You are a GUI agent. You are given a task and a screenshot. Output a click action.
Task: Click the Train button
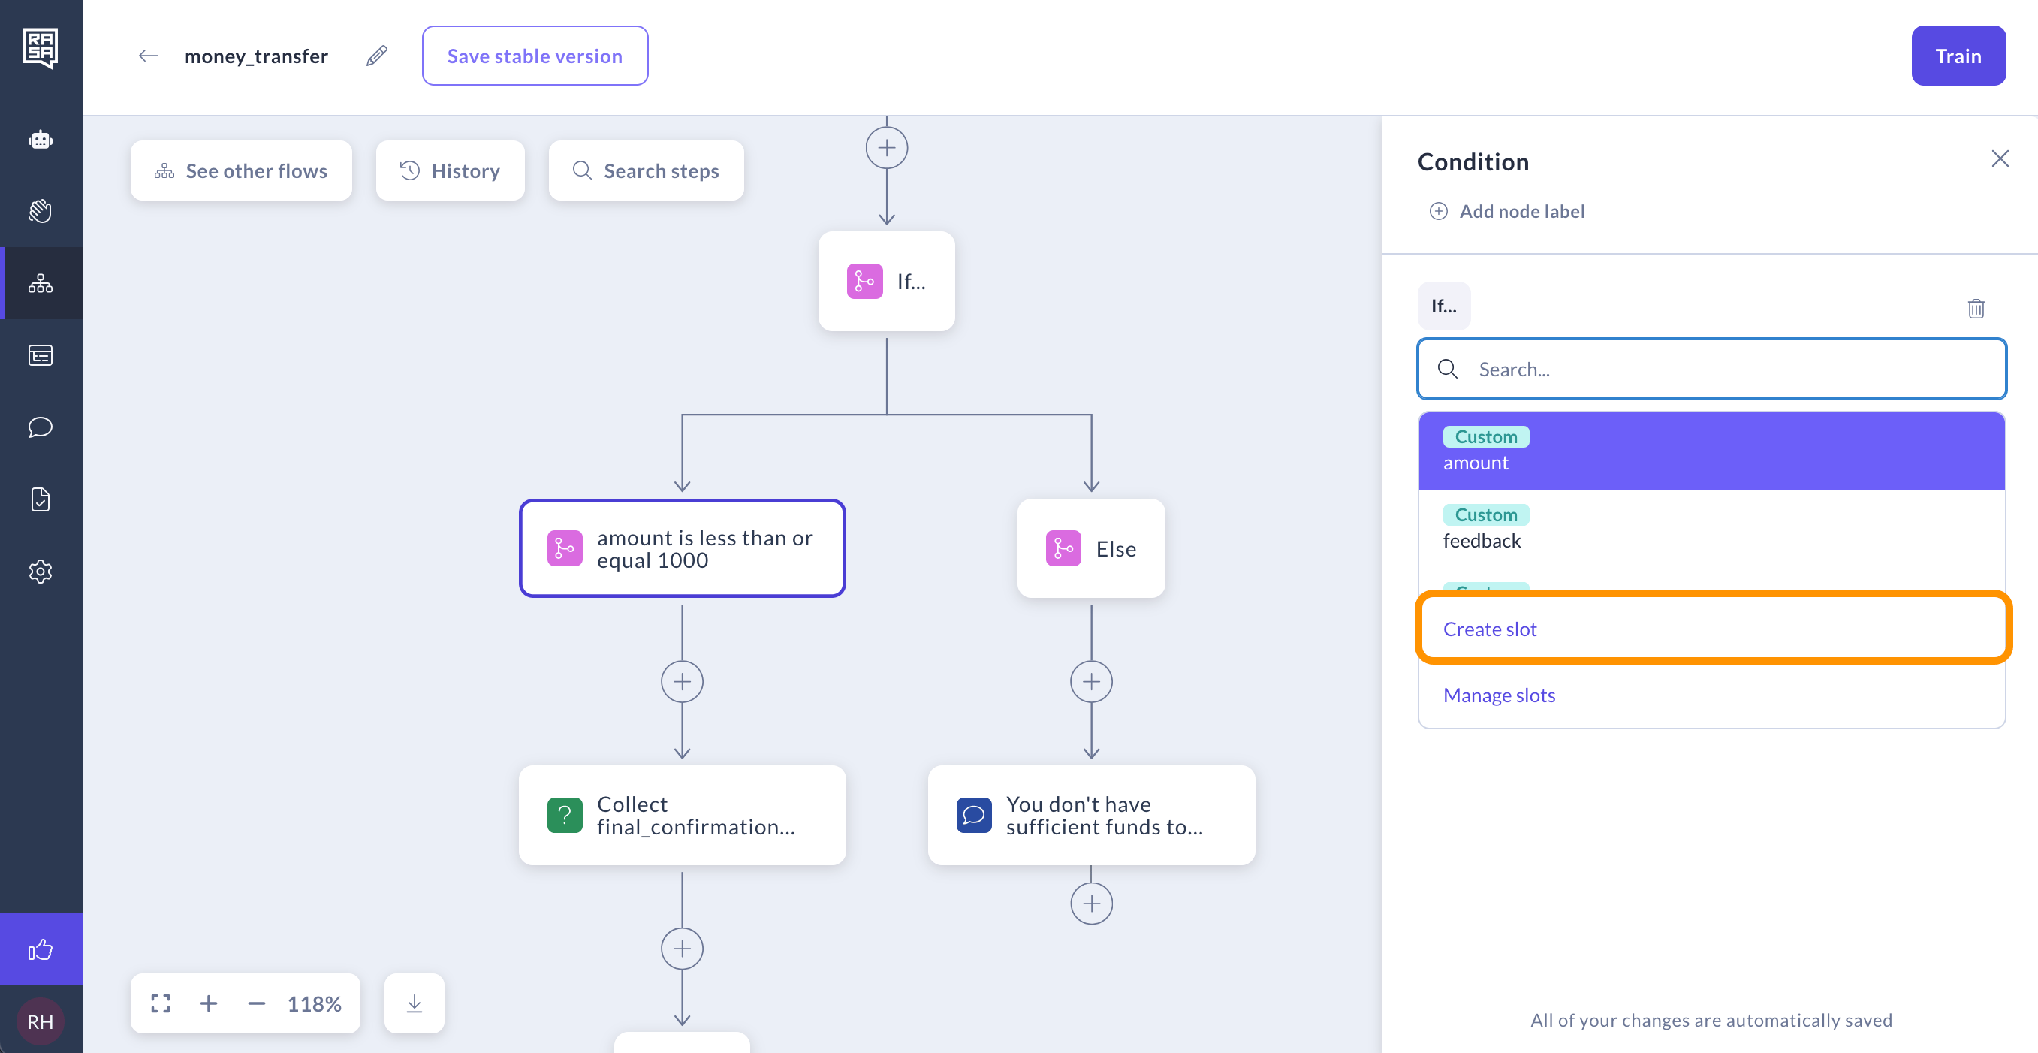click(x=1958, y=56)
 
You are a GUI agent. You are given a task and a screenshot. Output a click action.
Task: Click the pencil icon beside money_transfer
click(x=377, y=56)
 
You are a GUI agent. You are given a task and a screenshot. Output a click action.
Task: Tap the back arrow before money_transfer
click(x=148, y=56)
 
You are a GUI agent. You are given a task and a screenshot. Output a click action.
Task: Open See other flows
click(x=241, y=171)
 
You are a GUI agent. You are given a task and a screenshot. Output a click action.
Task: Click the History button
click(x=450, y=171)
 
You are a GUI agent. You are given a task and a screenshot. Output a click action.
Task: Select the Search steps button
click(x=647, y=171)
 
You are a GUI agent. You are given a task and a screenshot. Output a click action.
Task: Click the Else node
click(x=1091, y=548)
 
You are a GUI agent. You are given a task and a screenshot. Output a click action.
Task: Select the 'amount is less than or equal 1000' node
click(x=682, y=548)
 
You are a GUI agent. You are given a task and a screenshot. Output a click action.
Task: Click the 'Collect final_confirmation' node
click(x=682, y=815)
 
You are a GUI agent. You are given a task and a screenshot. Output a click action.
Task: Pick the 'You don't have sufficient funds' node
click(x=1091, y=815)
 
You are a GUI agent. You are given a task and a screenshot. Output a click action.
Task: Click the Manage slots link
click(x=1500, y=695)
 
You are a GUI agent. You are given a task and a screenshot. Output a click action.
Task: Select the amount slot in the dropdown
click(x=1712, y=451)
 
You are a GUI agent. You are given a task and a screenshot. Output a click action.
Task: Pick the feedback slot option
click(x=1712, y=529)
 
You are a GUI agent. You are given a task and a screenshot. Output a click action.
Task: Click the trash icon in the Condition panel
click(x=1976, y=308)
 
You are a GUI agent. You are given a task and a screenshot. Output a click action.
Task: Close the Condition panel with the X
click(x=2000, y=159)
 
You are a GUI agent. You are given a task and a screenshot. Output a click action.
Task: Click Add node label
click(x=1507, y=211)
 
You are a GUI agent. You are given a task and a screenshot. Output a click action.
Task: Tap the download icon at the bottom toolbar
click(x=414, y=1003)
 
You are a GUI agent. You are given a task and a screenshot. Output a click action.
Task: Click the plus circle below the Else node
click(x=1091, y=682)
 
